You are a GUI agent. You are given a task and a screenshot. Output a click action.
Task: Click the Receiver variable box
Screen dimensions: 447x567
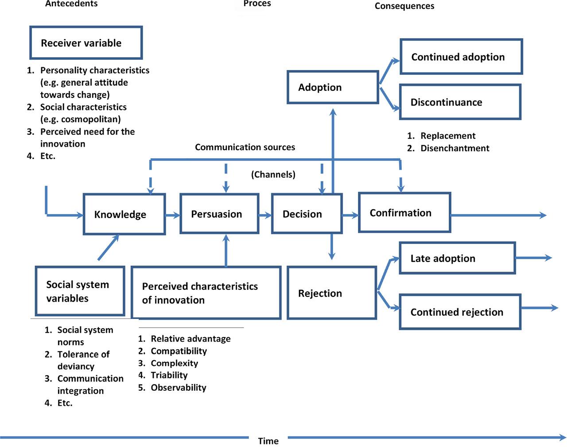[x=86, y=43]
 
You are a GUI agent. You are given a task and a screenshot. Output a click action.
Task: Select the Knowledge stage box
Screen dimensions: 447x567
[x=124, y=214]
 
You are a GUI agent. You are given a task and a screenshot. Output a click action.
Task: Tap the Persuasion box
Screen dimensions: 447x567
[x=219, y=214]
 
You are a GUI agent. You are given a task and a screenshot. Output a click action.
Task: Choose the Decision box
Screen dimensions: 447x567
[x=307, y=214]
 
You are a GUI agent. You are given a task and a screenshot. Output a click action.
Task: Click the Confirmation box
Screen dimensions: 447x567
[x=404, y=213]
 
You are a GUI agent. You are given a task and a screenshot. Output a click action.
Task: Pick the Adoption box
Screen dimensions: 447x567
[x=333, y=87]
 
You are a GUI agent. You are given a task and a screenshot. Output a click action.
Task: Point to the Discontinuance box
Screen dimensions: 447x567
[x=460, y=102]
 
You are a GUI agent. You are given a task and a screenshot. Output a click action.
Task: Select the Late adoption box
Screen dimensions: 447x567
[x=457, y=258]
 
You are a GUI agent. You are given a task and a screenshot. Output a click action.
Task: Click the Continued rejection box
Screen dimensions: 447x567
[x=460, y=312]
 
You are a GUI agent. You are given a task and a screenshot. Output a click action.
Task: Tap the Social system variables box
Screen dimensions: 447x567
[x=80, y=291]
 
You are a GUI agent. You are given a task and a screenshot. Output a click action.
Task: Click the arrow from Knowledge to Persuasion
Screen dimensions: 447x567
[x=173, y=215]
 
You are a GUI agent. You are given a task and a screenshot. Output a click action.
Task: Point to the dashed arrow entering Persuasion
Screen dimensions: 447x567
[x=226, y=177]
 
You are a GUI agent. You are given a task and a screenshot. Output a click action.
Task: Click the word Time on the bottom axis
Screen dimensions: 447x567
[x=268, y=441]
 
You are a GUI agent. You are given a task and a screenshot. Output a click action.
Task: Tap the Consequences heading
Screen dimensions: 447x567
[x=404, y=6]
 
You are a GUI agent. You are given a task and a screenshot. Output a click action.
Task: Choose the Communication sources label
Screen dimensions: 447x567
[x=245, y=147]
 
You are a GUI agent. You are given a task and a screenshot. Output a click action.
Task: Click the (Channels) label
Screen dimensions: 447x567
[x=273, y=175]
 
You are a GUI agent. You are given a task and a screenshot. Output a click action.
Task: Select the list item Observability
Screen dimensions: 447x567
[x=178, y=388]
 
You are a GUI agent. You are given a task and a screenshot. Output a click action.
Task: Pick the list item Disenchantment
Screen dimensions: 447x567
[x=454, y=148]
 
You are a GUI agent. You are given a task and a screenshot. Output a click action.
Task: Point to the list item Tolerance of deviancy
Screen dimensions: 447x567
[x=83, y=360]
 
